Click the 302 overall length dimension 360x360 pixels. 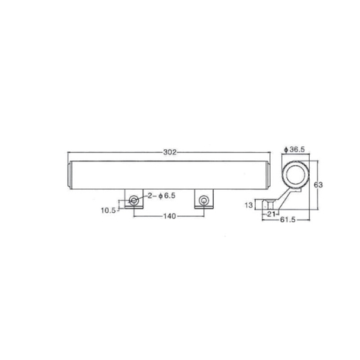click(x=169, y=152)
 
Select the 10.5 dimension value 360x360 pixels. click(x=109, y=211)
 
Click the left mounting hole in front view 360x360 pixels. click(x=133, y=200)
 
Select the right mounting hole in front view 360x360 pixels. click(x=203, y=200)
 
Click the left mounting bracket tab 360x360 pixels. click(x=133, y=198)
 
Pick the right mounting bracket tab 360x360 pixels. click(x=203, y=198)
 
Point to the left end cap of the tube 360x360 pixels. click(x=69, y=174)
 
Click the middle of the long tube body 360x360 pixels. click(x=169, y=174)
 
